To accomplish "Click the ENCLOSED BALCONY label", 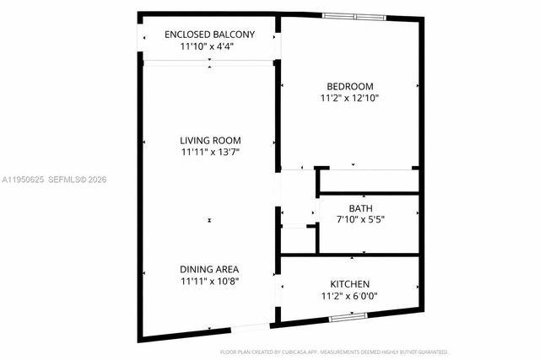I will click(209, 35).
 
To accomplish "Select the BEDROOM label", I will click(349, 86).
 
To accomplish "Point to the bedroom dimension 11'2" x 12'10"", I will click(349, 98).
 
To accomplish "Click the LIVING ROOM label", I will click(210, 140).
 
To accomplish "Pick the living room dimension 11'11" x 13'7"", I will click(210, 153).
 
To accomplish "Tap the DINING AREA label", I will click(210, 269).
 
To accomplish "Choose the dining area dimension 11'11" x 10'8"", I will click(210, 281).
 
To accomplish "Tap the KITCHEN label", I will click(349, 284).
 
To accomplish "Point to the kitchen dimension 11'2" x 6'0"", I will click(349, 296).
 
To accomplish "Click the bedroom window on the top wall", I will click(354, 16).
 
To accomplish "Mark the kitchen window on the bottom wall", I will click(348, 317).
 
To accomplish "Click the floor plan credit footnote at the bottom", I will click(334, 351).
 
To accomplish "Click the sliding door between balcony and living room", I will click(209, 62).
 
